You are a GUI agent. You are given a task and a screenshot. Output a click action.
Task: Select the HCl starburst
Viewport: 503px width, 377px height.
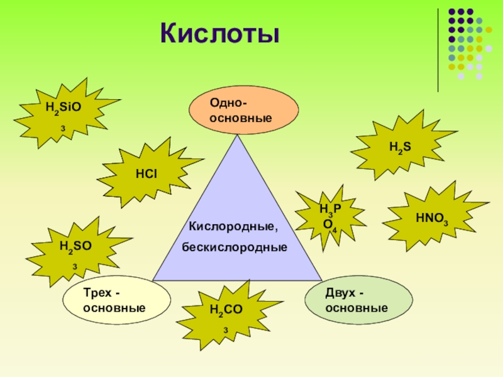146,171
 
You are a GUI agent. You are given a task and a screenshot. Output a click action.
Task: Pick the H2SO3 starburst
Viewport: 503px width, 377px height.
75,250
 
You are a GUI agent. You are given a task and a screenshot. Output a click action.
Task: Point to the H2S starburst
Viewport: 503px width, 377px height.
399,148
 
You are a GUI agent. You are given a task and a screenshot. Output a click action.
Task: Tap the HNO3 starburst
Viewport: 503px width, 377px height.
432,219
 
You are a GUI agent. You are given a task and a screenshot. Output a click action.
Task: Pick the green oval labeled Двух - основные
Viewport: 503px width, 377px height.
358,300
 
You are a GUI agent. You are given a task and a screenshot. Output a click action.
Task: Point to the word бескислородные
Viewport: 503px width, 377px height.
235,247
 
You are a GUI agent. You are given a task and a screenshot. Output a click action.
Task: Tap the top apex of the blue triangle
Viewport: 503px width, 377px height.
238,137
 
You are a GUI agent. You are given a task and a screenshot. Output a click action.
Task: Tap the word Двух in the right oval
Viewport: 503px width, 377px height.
340,293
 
